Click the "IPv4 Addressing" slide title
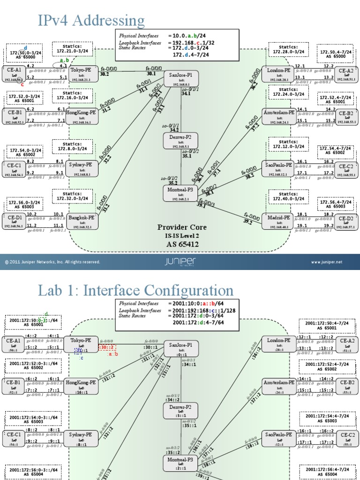[91, 21]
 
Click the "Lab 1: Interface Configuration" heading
[135, 290]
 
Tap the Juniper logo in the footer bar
[180, 262]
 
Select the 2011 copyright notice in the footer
[52, 262]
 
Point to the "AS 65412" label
[181, 244]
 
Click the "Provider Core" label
[181, 227]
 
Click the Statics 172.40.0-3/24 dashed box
[288, 197]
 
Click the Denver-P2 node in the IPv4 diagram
[180, 141]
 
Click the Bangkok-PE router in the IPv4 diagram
[82, 221]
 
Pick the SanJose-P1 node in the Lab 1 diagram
[180, 348]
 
